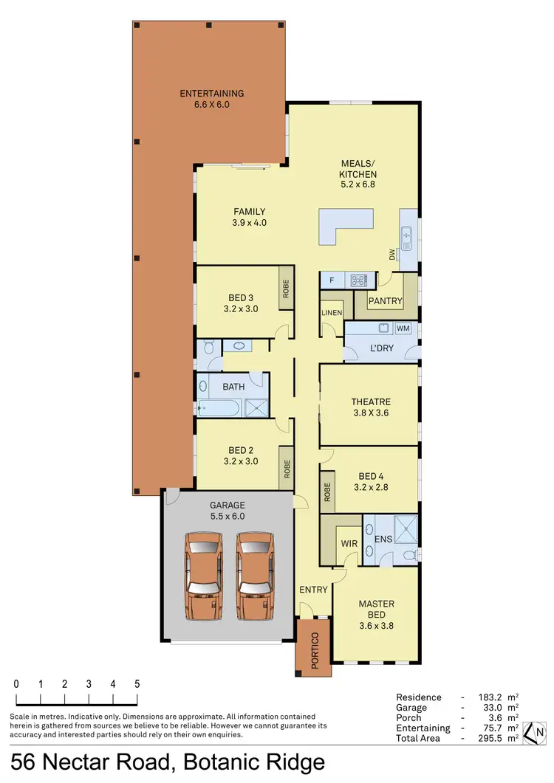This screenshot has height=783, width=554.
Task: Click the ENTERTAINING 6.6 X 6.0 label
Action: [211, 99]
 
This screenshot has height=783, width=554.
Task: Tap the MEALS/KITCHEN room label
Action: [358, 173]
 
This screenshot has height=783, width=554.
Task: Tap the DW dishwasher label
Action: [392, 255]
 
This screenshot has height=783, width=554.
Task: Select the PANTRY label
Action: [385, 301]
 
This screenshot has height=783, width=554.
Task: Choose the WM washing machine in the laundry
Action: [403, 328]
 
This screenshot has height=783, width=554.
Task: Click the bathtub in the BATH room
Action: [220, 408]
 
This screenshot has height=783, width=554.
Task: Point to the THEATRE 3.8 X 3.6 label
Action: [369, 407]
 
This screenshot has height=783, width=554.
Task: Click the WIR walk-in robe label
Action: [349, 543]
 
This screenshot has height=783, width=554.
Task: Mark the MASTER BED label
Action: [376, 610]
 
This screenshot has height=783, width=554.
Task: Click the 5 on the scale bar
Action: [137, 684]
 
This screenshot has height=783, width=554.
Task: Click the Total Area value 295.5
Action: [491, 738]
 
